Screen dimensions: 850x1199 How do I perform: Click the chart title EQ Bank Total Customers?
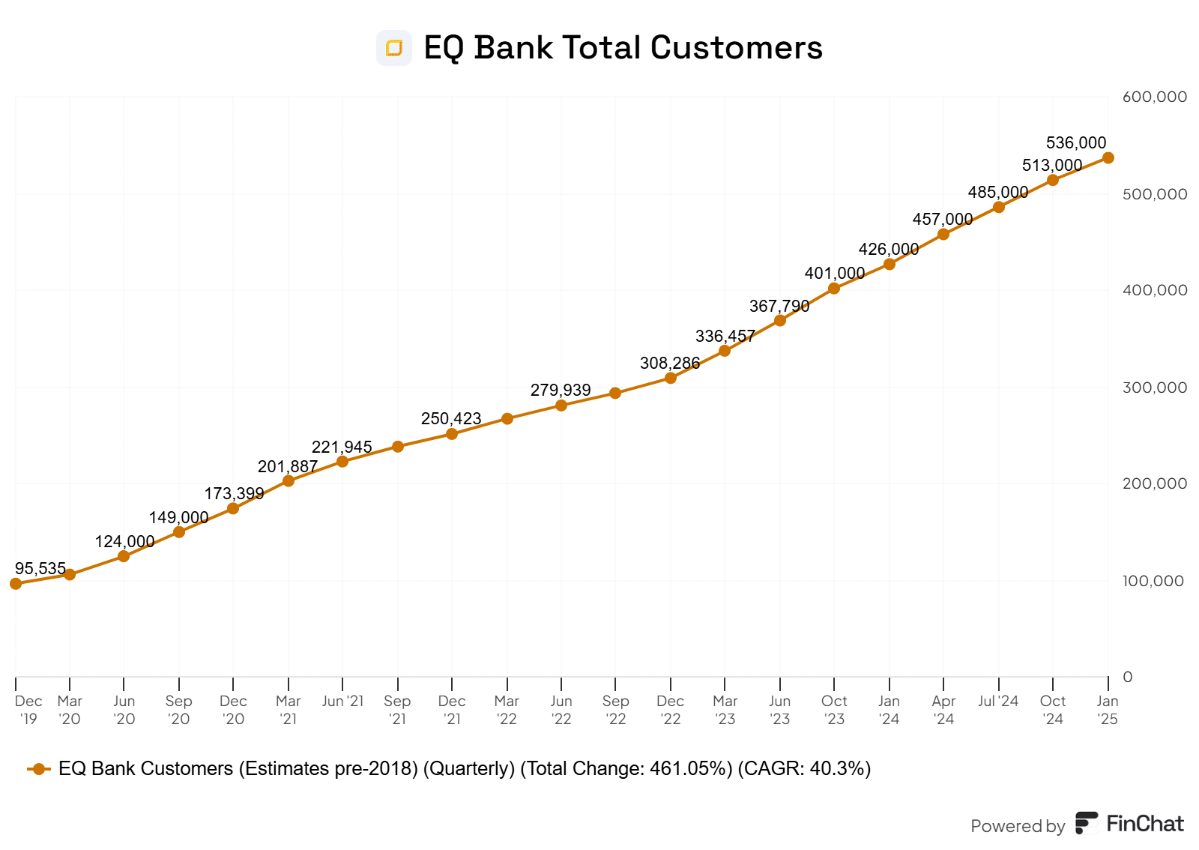(623, 48)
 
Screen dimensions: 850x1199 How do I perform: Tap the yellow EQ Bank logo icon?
(394, 48)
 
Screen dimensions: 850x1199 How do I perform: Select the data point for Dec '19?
(16, 583)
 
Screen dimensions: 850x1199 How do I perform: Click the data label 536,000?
(1075, 142)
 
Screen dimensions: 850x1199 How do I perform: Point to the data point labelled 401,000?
(834, 289)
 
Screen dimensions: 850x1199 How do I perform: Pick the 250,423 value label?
(450, 418)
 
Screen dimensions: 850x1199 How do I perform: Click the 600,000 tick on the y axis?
(1154, 97)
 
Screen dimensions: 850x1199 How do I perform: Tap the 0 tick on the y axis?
(1128, 677)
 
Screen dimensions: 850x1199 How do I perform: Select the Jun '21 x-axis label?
(342, 701)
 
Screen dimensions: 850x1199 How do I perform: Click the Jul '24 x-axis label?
(998, 701)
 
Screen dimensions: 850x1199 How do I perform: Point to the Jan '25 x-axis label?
(1108, 710)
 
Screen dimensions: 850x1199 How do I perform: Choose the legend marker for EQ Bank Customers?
(39, 769)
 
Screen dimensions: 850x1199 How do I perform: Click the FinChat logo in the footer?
(1129, 824)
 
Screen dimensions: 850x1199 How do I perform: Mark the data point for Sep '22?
(615, 393)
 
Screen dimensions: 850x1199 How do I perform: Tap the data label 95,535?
(40, 568)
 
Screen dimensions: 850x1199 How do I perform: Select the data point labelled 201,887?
(289, 480)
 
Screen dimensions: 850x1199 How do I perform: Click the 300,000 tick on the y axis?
(1154, 388)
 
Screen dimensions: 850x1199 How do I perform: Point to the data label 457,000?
(942, 219)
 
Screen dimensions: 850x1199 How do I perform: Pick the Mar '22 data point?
(507, 418)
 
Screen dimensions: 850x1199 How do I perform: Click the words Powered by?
(1018, 826)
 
